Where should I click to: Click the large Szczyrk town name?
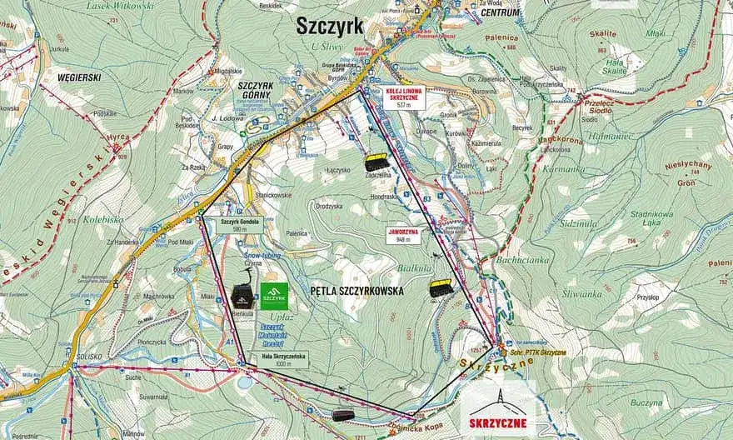point(331,26)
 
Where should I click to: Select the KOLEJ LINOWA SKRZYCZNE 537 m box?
point(406,97)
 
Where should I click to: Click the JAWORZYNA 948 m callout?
point(403,235)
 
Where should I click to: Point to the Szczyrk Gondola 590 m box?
point(241,227)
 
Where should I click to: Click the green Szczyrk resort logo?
point(274,296)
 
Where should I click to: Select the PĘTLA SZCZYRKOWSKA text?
point(356,292)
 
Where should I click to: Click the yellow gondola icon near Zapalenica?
point(376,162)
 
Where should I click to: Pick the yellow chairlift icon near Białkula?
point(441,288)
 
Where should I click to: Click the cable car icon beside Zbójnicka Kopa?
point(342,414)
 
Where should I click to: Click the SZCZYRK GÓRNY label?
point(256,90)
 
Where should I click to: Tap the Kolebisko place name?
point(103,219)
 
